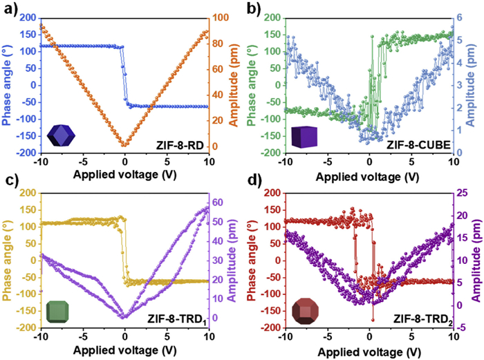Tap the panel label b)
pos(251,8)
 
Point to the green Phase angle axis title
pos(256,80)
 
